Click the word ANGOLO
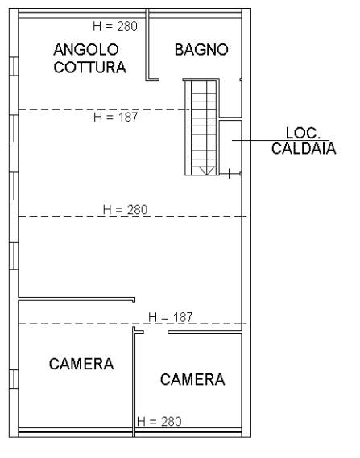pos(86,50)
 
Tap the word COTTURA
pos(89,67)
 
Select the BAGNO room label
pos(201,49)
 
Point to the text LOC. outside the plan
pos(303,133)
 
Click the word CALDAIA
pos(304,148)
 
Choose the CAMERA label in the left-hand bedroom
pos(81,364)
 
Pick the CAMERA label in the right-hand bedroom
pos(192,379)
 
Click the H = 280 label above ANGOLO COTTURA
pos(115,26)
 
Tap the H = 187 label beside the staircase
pos(116,118)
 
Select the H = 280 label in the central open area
pos(125,210)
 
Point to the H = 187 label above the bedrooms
pos(171,317)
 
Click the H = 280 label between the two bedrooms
pos(159,422)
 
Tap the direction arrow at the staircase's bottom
pos(205,171)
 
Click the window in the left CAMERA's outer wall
pos(14,379)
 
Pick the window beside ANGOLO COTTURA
pos(14,66)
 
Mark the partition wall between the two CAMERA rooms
pos(134,382)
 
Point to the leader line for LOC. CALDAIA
pos(281,141)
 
